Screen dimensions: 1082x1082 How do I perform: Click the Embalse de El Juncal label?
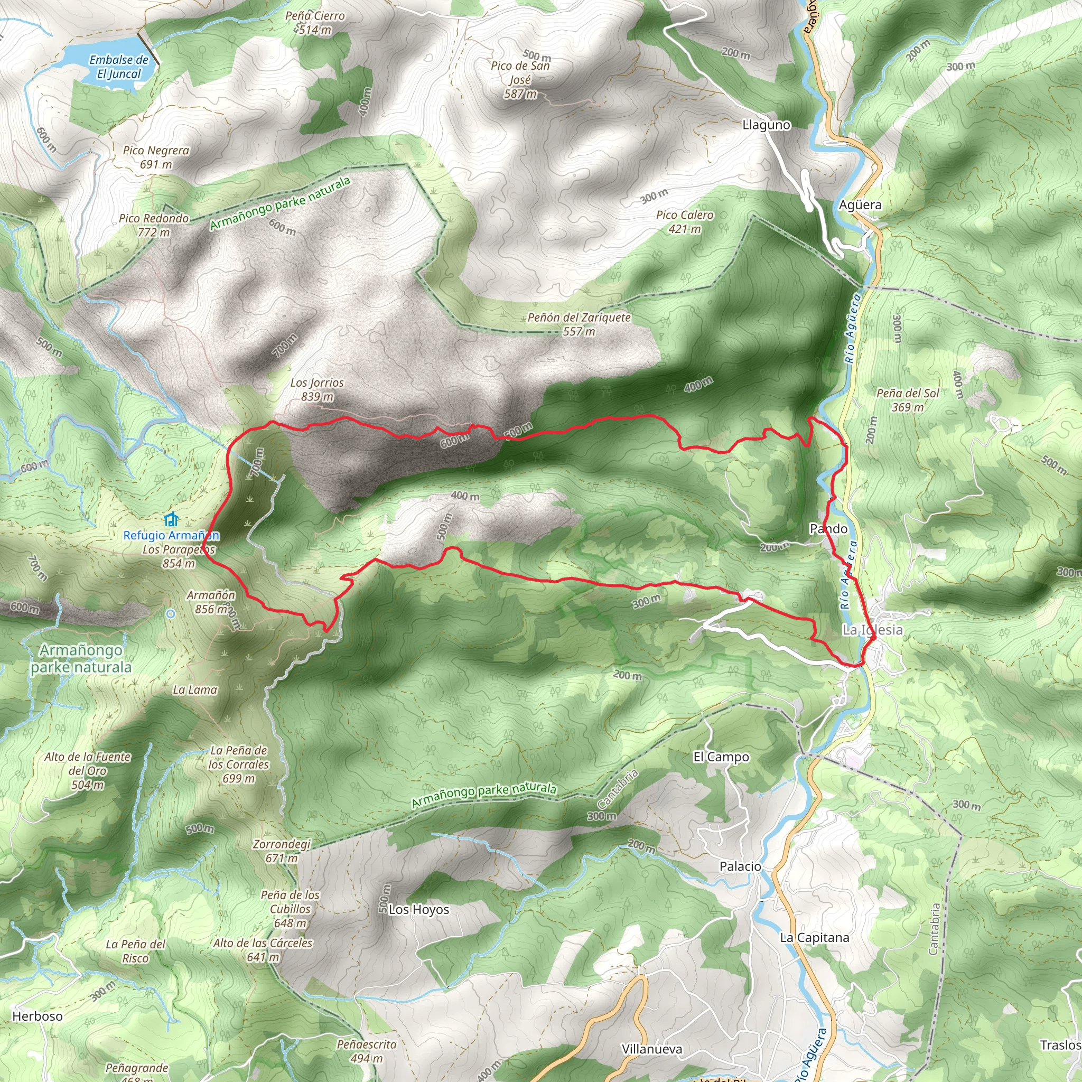(119, 67)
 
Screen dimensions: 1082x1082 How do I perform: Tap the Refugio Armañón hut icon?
(171, 519)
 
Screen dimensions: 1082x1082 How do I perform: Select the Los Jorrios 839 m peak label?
(317, 389)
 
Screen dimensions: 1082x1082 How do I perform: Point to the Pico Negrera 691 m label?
(156, 157)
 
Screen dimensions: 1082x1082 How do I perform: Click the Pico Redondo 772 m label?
(154, 225)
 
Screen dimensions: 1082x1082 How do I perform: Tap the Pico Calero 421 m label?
(684, 222)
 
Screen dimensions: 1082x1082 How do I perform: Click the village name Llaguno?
(766, 125)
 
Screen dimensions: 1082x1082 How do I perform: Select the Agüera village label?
(860, 205)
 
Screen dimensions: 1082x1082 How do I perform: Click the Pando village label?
(828, 529)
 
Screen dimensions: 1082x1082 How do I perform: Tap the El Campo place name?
(721, 757)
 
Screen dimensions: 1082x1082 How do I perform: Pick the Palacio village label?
(740, 866)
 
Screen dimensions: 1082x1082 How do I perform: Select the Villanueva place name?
(652, 1049)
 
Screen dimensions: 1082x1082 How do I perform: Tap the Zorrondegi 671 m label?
(282, 850)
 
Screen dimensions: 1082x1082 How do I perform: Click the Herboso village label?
(38, 1016)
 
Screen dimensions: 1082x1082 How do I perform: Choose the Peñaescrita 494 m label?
(367, 1051)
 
